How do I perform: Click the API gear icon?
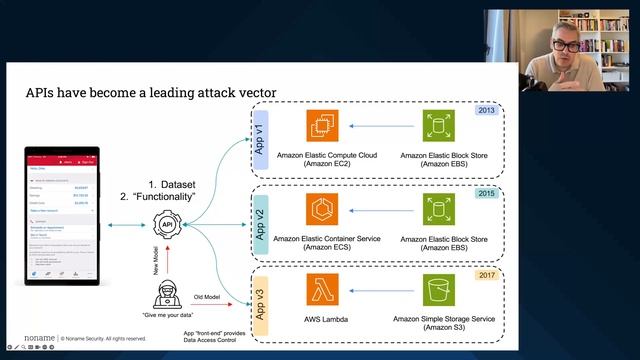coord(168,226)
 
